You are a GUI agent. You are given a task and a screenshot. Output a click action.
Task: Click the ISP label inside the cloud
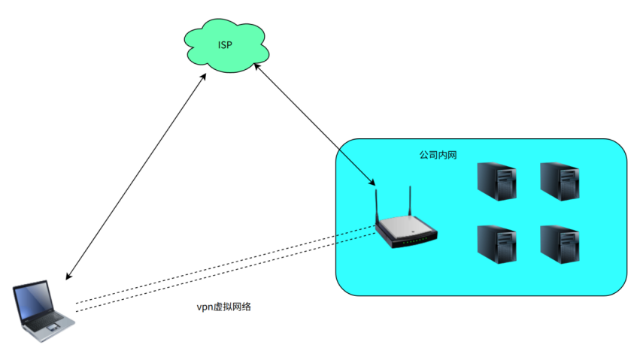point(225,46)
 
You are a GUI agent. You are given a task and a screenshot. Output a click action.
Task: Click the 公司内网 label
point(438,156)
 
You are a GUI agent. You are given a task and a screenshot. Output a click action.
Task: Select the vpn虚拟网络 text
point(223,307)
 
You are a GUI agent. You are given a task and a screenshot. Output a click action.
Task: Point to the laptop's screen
point(34,300)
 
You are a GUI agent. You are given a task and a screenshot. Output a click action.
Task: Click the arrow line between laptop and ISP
point(135,177)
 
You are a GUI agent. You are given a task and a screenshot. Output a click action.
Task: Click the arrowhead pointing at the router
point(371,183)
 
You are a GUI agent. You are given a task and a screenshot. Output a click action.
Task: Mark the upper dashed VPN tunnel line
point(226,265)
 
